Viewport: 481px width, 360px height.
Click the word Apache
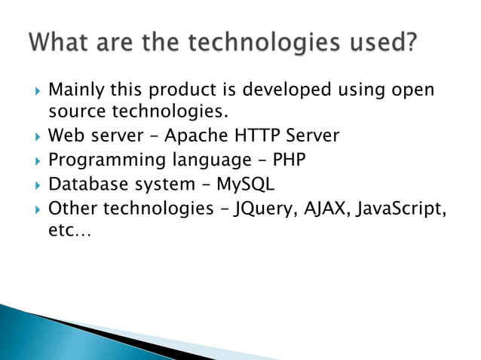194,136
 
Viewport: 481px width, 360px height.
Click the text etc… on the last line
69,230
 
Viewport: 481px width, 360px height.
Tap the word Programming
101,160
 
